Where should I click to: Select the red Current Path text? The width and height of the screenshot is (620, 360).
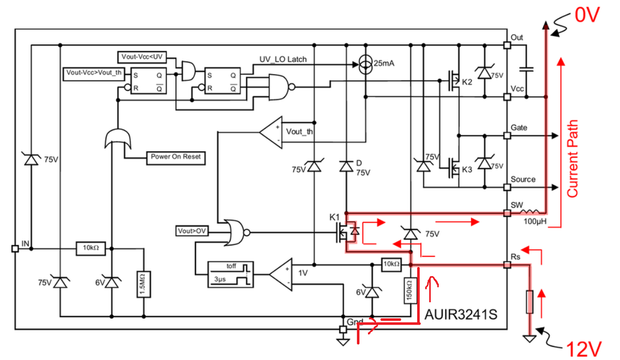point(572,158)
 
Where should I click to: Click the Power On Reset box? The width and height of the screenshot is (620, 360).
point(176,157)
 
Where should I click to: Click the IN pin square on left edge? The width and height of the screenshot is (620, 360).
point(15,249)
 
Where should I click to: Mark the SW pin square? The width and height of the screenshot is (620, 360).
point(506,214)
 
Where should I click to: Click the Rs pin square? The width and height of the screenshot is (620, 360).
point(506,265)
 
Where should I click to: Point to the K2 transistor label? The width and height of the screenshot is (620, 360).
point(467,82)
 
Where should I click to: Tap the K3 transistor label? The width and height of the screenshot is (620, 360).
point(467,169)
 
